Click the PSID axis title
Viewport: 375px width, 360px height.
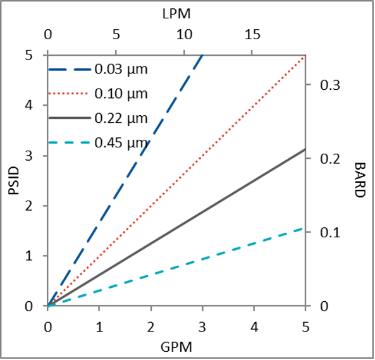pos(14,180)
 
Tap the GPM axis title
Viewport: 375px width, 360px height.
pos(176,346)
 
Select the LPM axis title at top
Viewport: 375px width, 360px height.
pos(176,13)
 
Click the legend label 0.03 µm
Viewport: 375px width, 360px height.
pos(121,68)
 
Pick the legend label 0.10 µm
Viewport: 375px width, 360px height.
pos(121,94)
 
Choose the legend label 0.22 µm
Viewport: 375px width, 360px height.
pos(121,118)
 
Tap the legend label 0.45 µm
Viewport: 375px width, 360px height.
pos(121,143)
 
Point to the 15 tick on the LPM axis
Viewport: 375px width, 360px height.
pos(252,35)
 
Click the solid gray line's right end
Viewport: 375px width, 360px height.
pos(305,149)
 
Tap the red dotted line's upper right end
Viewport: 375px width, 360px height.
pos(305,56)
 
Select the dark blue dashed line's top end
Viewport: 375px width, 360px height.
pos(202,56)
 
